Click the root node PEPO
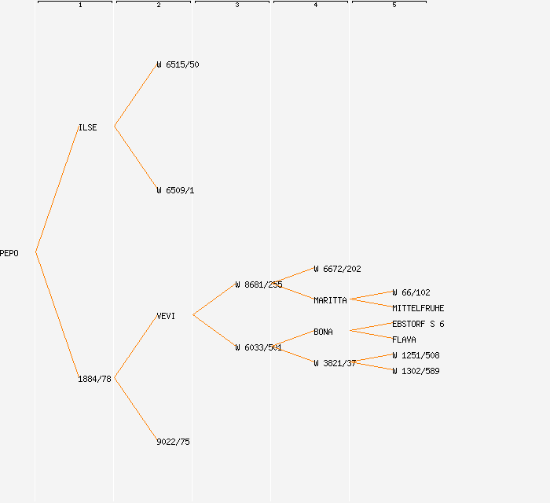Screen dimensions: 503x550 [x=9, y=253]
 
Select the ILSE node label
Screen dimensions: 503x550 [x=88, y=127]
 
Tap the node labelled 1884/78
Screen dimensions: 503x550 [x=94, y=379]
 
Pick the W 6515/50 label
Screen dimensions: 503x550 [x=178, y=64]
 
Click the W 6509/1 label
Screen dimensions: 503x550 [x=175, y=190]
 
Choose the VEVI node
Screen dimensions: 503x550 [x=166, y=316]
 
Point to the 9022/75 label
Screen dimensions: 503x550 [x=173, y=442]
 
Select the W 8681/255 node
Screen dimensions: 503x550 [x=258, y=285]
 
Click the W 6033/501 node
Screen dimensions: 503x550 [x=258, y=347]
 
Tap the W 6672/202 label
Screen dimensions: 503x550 [x=337, y=269]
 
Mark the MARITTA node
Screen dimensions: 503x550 [x=330, y=300]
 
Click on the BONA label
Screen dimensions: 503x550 [x=323, y=332]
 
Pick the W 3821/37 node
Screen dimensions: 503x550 [x=335, y=363]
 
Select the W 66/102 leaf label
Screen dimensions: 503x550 [x=411, y=292]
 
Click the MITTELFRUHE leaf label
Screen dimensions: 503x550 [x=418, y=308]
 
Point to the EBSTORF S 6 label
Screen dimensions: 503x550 [x=418, y=324]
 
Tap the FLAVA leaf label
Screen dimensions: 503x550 [x=404, y=340]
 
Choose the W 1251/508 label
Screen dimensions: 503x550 [x=416, y=355]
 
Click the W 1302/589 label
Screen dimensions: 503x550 [x=416, y=371]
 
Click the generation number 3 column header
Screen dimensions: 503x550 [x=236, y=5]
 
